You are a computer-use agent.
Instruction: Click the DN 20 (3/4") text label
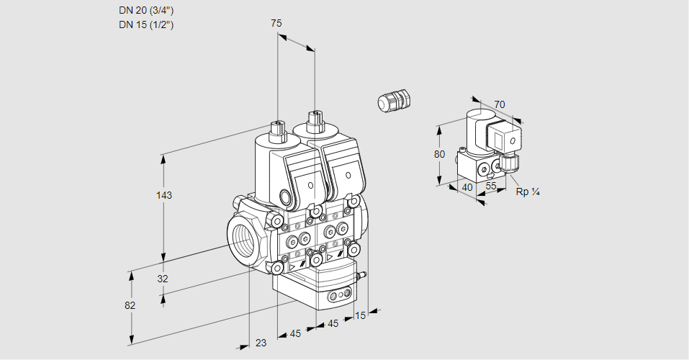click(x=146, y=11)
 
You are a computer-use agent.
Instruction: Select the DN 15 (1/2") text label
click(x=146, y=25)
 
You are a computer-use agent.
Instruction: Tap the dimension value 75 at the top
click(x=276, y=24)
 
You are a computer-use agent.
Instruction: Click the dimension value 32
click(x=163, y=279)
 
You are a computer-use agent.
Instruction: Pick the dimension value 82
click(x=130, y=306)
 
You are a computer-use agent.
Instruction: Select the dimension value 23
click(x=261, y=343)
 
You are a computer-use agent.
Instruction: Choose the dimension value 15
click(x=360, y=315)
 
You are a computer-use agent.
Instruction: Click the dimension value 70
click(x=500, y=105)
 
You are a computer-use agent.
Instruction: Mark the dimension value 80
click(x=440, y=154)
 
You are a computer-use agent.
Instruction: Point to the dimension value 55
click(x=492, y=186)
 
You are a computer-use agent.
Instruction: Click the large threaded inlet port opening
click(x=243, y=239)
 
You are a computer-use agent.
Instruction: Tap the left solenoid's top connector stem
click(x=277, y=129)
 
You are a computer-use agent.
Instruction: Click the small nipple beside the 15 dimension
click(x=364, y=274)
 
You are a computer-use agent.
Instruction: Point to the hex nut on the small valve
click(x=510, y=163)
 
